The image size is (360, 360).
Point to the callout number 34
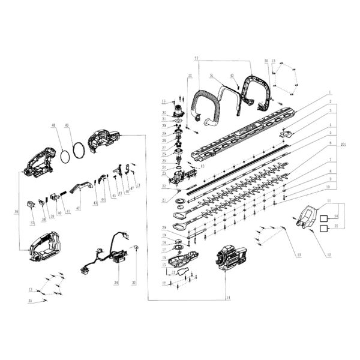(x=116, y=282)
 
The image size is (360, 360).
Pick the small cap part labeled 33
(x=136, y=247)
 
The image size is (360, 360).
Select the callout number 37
(x=31, y=224)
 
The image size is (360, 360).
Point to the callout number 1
(x=329, y=93)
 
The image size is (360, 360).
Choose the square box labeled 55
(x=322, y=229)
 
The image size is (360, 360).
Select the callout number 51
(x=211, y=76)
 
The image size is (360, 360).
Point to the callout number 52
(x=196, y=58)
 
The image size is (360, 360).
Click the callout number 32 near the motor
(x=163, y=113)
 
